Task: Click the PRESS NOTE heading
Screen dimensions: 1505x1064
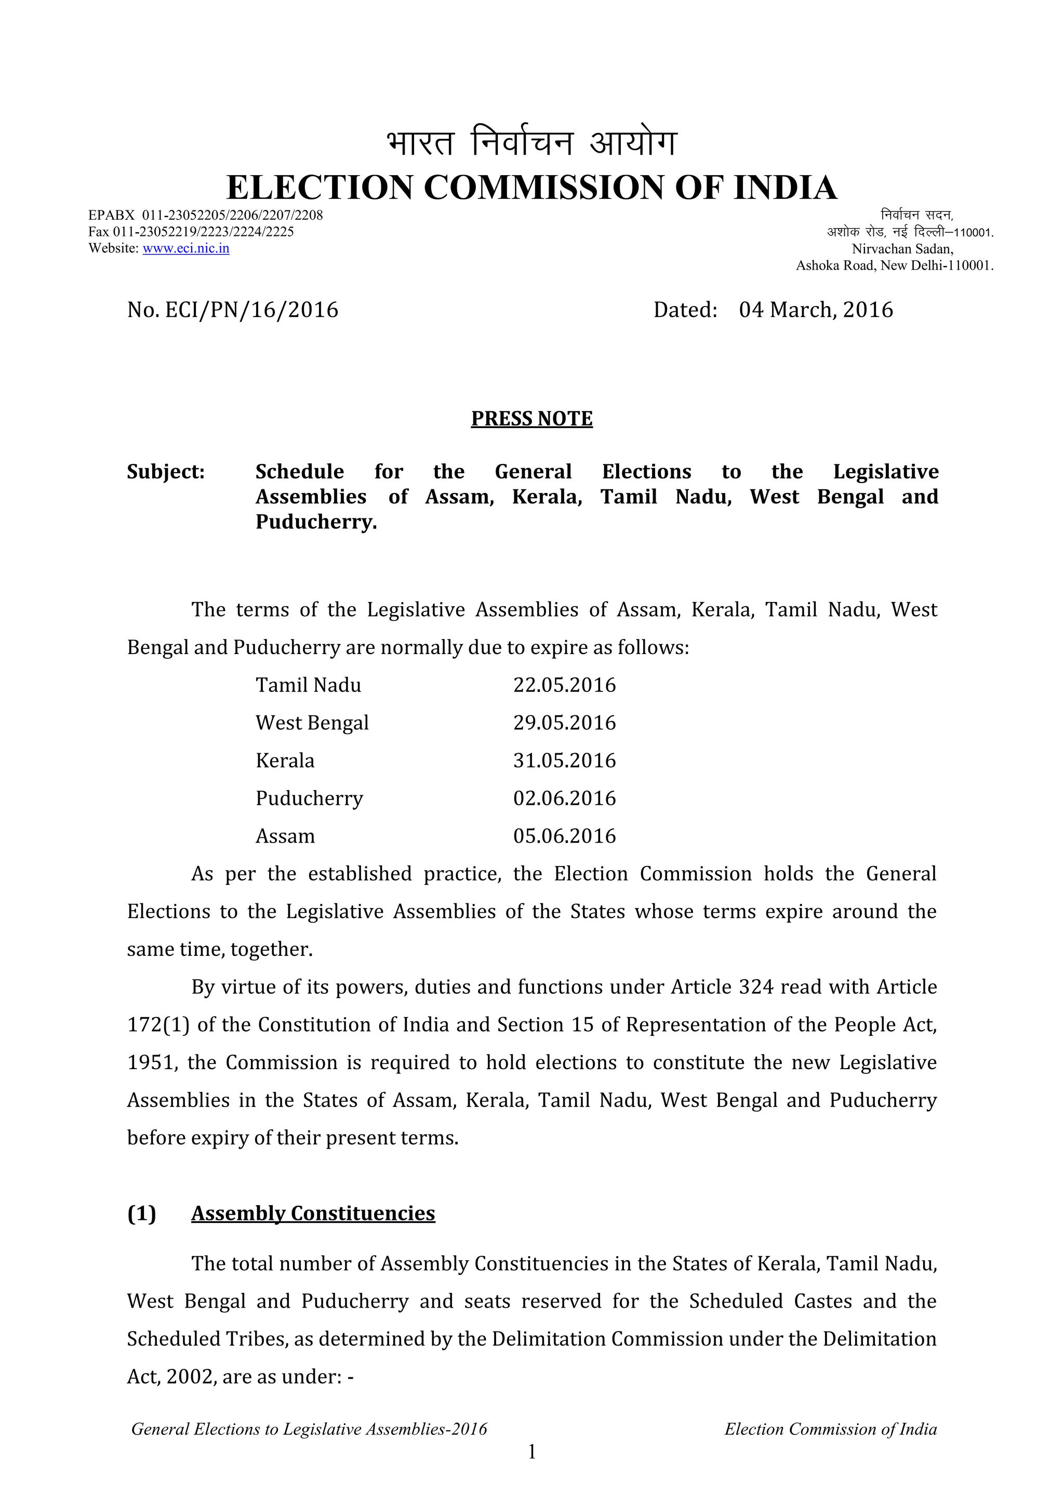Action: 531,418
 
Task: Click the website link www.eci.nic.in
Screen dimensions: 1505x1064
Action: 185,248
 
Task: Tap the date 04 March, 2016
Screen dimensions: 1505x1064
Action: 816,310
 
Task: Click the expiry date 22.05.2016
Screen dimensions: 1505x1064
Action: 564,685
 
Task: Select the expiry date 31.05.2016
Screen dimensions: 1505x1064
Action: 564,761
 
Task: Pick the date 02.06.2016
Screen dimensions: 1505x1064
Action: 564,798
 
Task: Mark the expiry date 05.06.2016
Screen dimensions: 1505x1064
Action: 564,836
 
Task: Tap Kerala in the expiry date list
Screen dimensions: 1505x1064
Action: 285,761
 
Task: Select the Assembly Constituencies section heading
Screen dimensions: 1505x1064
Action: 313,1214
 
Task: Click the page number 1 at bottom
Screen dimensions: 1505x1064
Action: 531,1452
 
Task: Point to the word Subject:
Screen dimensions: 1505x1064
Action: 166,471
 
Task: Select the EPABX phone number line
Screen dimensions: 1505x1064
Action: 205,216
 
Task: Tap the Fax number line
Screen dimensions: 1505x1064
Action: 191,232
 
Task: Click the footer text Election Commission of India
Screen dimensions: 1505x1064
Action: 830,1429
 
